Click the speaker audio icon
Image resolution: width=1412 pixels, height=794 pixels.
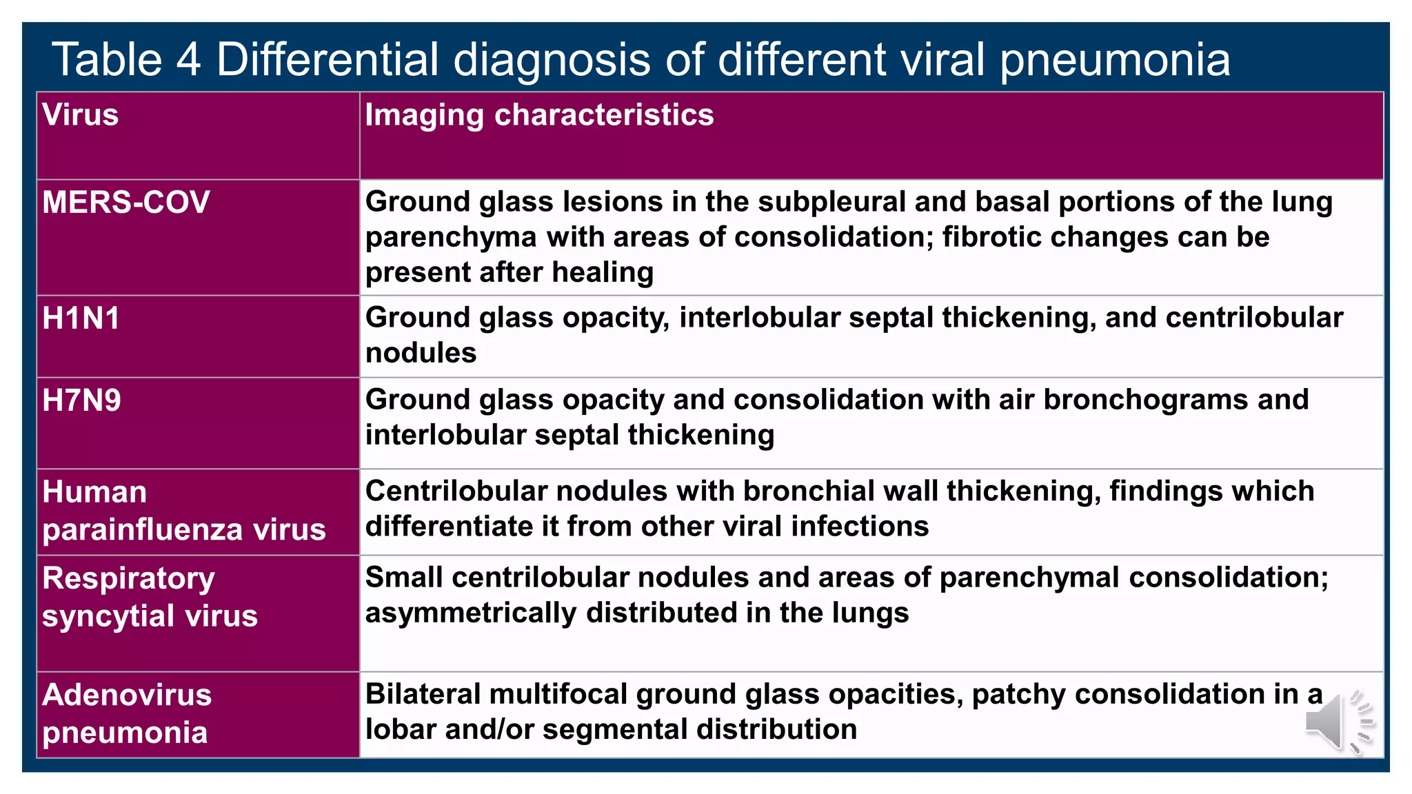(x=1338, y=722)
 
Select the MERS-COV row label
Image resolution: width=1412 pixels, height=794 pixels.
(x=126, y=203)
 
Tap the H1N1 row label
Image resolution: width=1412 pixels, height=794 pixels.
(x=81, y=318)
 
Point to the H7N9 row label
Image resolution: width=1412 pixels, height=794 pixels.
(x=82, y=400)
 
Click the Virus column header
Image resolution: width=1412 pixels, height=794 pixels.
(x=81, y=114)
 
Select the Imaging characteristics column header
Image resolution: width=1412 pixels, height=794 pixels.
(x=539, y=114)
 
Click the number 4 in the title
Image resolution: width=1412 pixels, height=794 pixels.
(x=188, y=59)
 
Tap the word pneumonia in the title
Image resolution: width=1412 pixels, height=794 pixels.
(x=1114, y=61)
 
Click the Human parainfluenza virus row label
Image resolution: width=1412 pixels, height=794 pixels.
(x=184, y=511)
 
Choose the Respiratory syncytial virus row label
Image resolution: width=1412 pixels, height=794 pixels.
(x=150, y=597)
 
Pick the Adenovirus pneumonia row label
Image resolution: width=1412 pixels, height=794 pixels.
(x=127, y=713)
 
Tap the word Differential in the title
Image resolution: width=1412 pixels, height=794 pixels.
(x=327, y=59)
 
